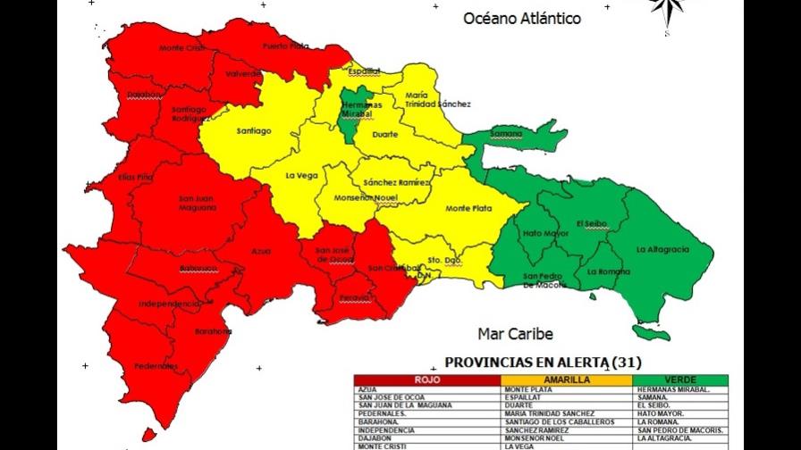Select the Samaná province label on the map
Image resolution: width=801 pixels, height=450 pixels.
(507, 133)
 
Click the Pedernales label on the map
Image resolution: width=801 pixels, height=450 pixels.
(156, 366)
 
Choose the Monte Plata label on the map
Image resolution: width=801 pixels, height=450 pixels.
(468, 209)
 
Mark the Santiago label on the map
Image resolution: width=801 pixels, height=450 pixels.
(254, 131)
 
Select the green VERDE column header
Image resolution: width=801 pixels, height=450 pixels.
(679, 380)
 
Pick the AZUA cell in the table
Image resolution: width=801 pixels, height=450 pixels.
(367, 390)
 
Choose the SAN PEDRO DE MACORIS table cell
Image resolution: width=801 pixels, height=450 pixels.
(679, 430)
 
